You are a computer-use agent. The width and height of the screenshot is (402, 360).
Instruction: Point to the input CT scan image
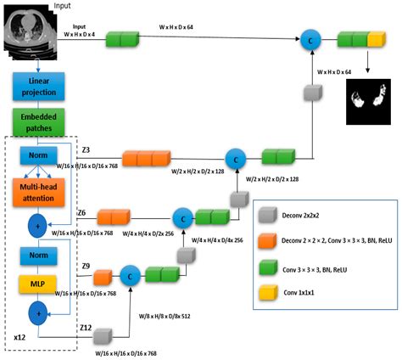coord(29,32)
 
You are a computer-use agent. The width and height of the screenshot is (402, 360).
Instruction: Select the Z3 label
coord(86,150)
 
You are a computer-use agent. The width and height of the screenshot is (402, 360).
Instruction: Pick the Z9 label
coord(86,267)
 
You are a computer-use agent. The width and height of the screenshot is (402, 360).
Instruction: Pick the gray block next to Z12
coord(106,334)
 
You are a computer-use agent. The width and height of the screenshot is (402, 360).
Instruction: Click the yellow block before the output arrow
coord(376,39)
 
